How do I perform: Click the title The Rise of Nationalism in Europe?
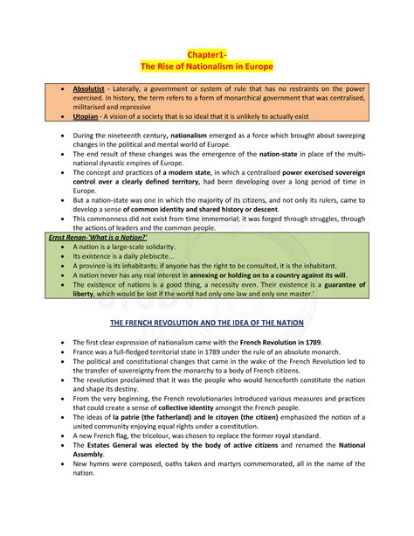(x=206, y=67)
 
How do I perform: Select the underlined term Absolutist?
(x=91, y=88)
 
